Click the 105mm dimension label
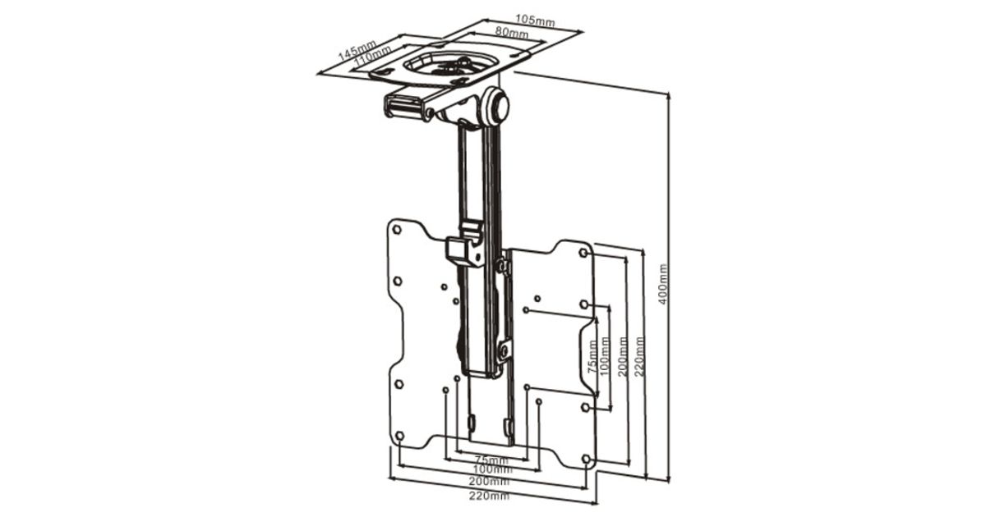click(x=535, y=20)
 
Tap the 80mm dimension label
click(x=511, y=32)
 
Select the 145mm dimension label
click(x=357, y=50)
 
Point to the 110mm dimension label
click(x=372, y=56)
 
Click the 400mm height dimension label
click(x=663, y=284)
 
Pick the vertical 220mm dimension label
click(x=639, y=356)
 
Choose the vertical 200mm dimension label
click(x=623, y=356)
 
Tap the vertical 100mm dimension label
click(x=605, y=356)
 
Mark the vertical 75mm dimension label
click(x=593, y=357)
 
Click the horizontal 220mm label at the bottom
click(x=489, y=496)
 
